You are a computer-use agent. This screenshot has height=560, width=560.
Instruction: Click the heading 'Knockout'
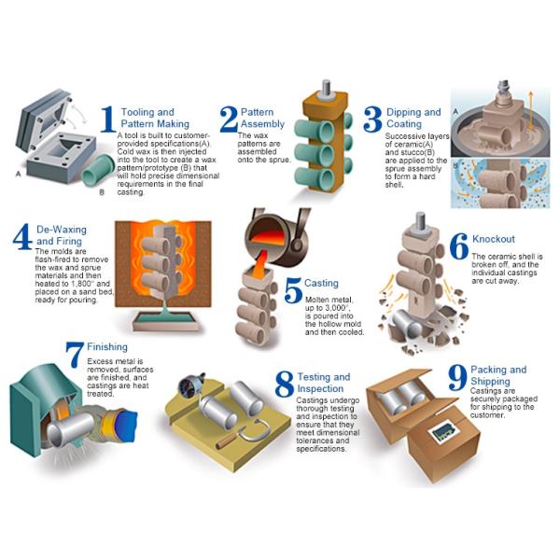point(493,239)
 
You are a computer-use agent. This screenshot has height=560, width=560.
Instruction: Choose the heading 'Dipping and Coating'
point(413,119)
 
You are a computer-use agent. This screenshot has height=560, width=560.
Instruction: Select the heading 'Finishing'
point(106,347)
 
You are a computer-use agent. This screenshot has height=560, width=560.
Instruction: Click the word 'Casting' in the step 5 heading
point(321,283)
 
